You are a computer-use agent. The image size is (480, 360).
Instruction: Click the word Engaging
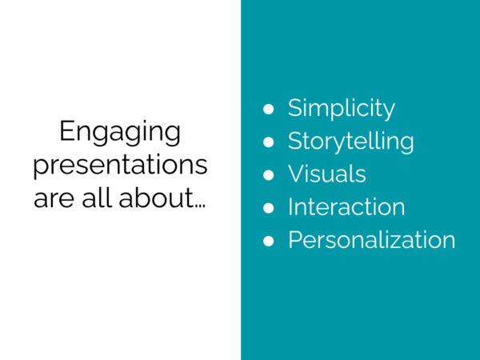pos(120,133)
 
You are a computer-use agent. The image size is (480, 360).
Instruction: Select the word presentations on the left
pos(120,165)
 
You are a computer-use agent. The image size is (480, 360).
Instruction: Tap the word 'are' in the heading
pos(53,197)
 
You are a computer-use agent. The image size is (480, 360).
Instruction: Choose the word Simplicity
pos(342,108)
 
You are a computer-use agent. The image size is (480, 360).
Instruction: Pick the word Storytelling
pos(350,142)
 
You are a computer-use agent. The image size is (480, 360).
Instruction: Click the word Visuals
pos(326,174)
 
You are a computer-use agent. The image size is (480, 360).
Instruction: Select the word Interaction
pos(346,206)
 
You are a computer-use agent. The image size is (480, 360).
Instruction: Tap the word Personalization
pos(371,239)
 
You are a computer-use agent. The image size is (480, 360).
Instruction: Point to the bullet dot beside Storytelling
pos(270,142)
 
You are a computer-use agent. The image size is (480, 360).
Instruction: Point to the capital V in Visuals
pos(296,174)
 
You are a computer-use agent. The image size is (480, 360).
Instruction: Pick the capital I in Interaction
pos(291,206)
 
